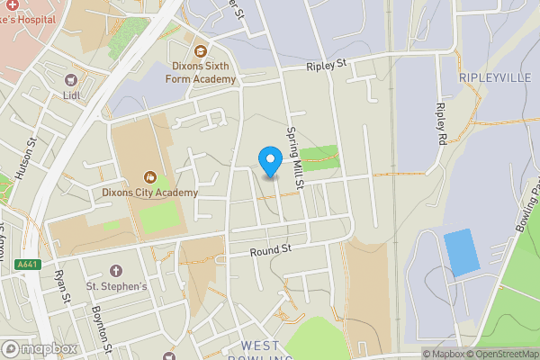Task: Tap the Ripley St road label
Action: (327, 66)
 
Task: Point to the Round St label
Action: (272, 249)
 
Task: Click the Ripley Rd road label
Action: (441, 125)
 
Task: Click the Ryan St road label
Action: (61, 290)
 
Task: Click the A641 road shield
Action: (27, 264)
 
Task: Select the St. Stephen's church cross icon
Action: (115, 270)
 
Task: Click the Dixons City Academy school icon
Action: (149, 175)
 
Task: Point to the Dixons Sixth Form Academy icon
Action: (200, 51)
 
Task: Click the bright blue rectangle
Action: (463, 253)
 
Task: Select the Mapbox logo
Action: (40, 349)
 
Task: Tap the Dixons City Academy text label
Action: (149, 193)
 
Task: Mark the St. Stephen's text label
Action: (115, 286)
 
